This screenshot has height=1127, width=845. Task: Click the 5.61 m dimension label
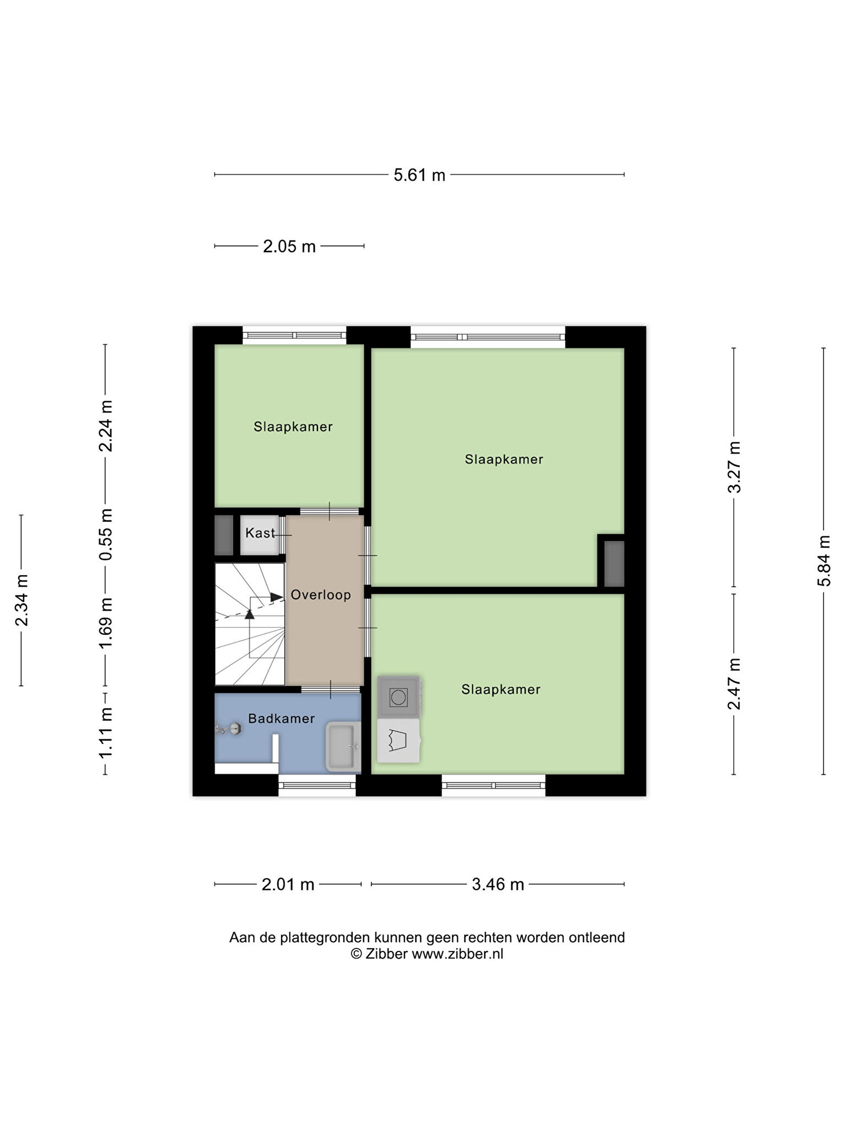419,175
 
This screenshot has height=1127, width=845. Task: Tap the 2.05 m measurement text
289,246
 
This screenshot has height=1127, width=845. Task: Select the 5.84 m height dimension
824,561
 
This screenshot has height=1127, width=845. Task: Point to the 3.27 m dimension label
734,467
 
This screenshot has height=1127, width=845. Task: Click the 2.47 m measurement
734,684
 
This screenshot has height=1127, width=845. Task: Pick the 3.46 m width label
498,884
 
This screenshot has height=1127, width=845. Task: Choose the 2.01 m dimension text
288,884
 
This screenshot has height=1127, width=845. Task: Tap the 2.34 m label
21,600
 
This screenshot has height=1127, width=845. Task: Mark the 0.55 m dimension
106,534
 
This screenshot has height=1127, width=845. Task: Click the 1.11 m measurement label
106,732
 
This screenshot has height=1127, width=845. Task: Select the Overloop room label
321,595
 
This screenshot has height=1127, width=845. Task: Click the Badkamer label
281,718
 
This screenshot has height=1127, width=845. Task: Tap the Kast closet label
260,533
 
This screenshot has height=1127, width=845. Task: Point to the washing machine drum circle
398,698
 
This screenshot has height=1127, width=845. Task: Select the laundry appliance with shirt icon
398,741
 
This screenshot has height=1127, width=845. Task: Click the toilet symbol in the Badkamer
229,729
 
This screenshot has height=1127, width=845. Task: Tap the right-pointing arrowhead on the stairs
277,597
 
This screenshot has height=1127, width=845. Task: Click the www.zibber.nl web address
458,954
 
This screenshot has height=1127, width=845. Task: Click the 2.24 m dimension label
106,426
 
